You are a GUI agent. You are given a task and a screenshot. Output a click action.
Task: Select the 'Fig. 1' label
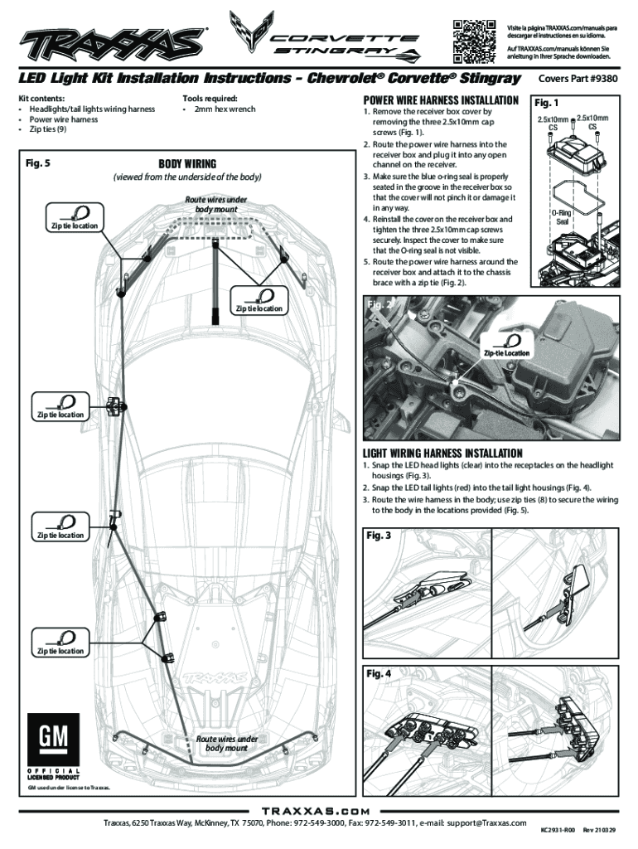pos(548,104)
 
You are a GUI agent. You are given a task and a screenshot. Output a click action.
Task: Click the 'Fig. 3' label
pos(379,536)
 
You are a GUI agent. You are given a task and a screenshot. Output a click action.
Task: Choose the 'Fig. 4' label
pos(379,673)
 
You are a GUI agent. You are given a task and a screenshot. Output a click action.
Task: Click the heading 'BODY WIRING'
pos(187,163)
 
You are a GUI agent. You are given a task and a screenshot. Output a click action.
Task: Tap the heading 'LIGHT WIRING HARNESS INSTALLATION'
pos(442,453)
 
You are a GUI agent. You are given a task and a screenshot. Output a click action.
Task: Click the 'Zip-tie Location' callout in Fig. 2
pos(507,354)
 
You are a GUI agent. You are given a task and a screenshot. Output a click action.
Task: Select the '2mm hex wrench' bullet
pos(224,109)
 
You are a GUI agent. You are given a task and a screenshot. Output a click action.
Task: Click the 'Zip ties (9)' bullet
pos(48,130)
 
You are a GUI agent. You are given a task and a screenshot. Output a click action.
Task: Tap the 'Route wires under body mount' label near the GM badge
pos(220,743)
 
